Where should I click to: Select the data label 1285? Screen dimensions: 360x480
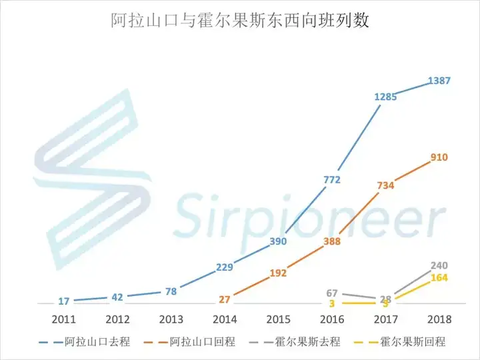(385, 97)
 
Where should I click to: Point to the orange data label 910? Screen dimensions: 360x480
(439, 157)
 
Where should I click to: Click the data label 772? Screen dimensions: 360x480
(331, 179)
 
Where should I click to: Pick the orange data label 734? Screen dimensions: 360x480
(385, 185)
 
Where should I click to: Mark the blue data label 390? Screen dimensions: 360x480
(277, 241)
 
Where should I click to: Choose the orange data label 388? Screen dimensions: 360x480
(331, 241)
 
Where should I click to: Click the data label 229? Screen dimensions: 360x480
(224, 267)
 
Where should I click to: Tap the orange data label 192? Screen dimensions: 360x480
(277, 273)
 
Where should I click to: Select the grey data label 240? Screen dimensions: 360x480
(439, 265)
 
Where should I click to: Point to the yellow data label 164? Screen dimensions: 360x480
(439, 278)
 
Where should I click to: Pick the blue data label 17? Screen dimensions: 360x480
(63, 301)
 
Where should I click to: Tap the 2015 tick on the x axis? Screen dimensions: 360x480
(277, 319)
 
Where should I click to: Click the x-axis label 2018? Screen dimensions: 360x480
(438, 319)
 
